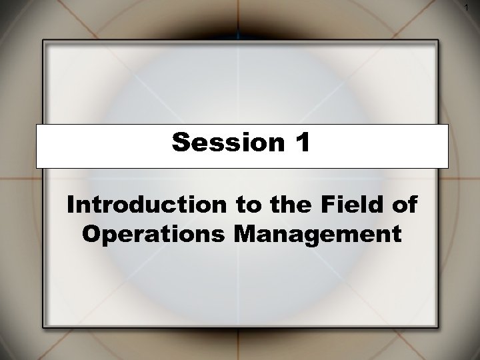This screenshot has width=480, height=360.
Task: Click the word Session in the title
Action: pos(221,142)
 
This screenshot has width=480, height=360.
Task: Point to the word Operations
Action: pos(149,234)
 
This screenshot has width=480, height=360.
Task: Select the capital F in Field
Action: pos(329,206)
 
